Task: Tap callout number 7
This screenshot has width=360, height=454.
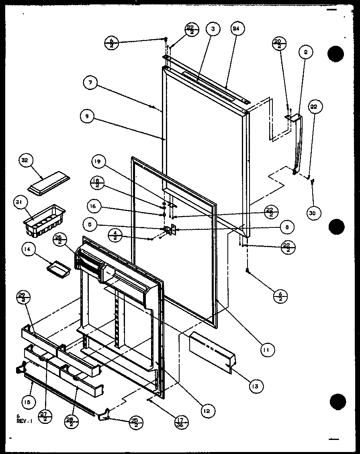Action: click(91, 84)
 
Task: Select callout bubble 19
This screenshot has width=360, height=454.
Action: click(99, 163)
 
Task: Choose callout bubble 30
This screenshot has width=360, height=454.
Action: click(314, 213)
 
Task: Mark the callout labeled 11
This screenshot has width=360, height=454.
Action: click(266, 350)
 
